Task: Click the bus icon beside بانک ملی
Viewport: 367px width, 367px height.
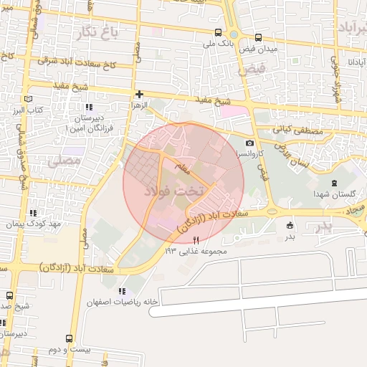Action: click(x=217, y=32)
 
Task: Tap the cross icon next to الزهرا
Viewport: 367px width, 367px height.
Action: click(x=140, y=94)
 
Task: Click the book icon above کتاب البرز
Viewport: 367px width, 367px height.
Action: click(x=28, y=99)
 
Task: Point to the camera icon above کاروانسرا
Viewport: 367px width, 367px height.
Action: click(x=249, y=143)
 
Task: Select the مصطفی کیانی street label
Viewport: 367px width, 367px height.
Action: click(x=298, y=132)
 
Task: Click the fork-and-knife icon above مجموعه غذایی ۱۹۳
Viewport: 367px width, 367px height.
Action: click(x=196, y=240)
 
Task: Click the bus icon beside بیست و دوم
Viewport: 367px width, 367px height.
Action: click(x=69, y=338)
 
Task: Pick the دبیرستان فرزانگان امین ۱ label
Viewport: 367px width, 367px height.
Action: click(x=86, y=122)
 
